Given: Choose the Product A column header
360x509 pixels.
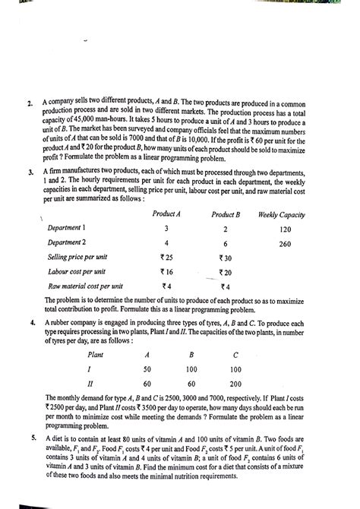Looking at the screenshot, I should [x=166, y=215].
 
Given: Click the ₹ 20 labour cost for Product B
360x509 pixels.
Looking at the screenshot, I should [x=225, y=272].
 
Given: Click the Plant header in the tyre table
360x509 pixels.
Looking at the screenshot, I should [x=96, y=354].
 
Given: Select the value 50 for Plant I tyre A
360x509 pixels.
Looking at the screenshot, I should [x=147, y=368].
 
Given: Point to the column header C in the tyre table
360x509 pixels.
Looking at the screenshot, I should [x=236, y=354].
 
